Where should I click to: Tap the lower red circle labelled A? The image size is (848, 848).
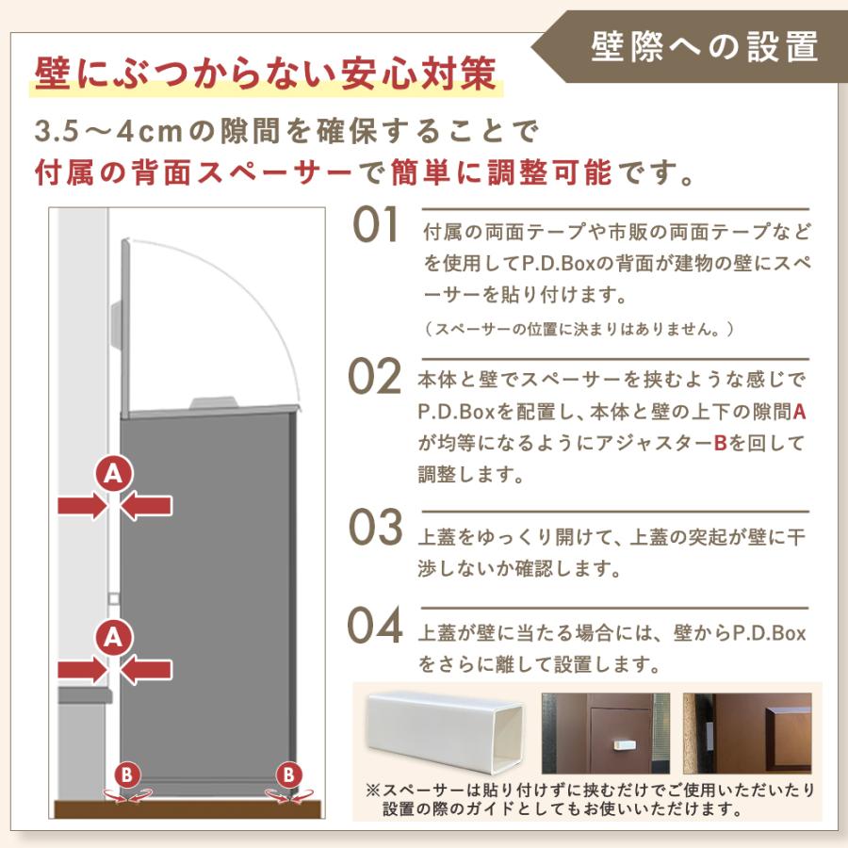coord(114,638)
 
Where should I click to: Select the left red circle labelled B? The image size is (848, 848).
coord(127,775)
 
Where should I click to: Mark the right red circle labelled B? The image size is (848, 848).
coord(287,775)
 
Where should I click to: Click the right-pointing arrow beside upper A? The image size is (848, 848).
coord(83,506)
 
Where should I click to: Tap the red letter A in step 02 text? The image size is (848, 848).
coord(800,412)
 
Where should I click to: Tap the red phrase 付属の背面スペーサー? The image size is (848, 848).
coord(197,173)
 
